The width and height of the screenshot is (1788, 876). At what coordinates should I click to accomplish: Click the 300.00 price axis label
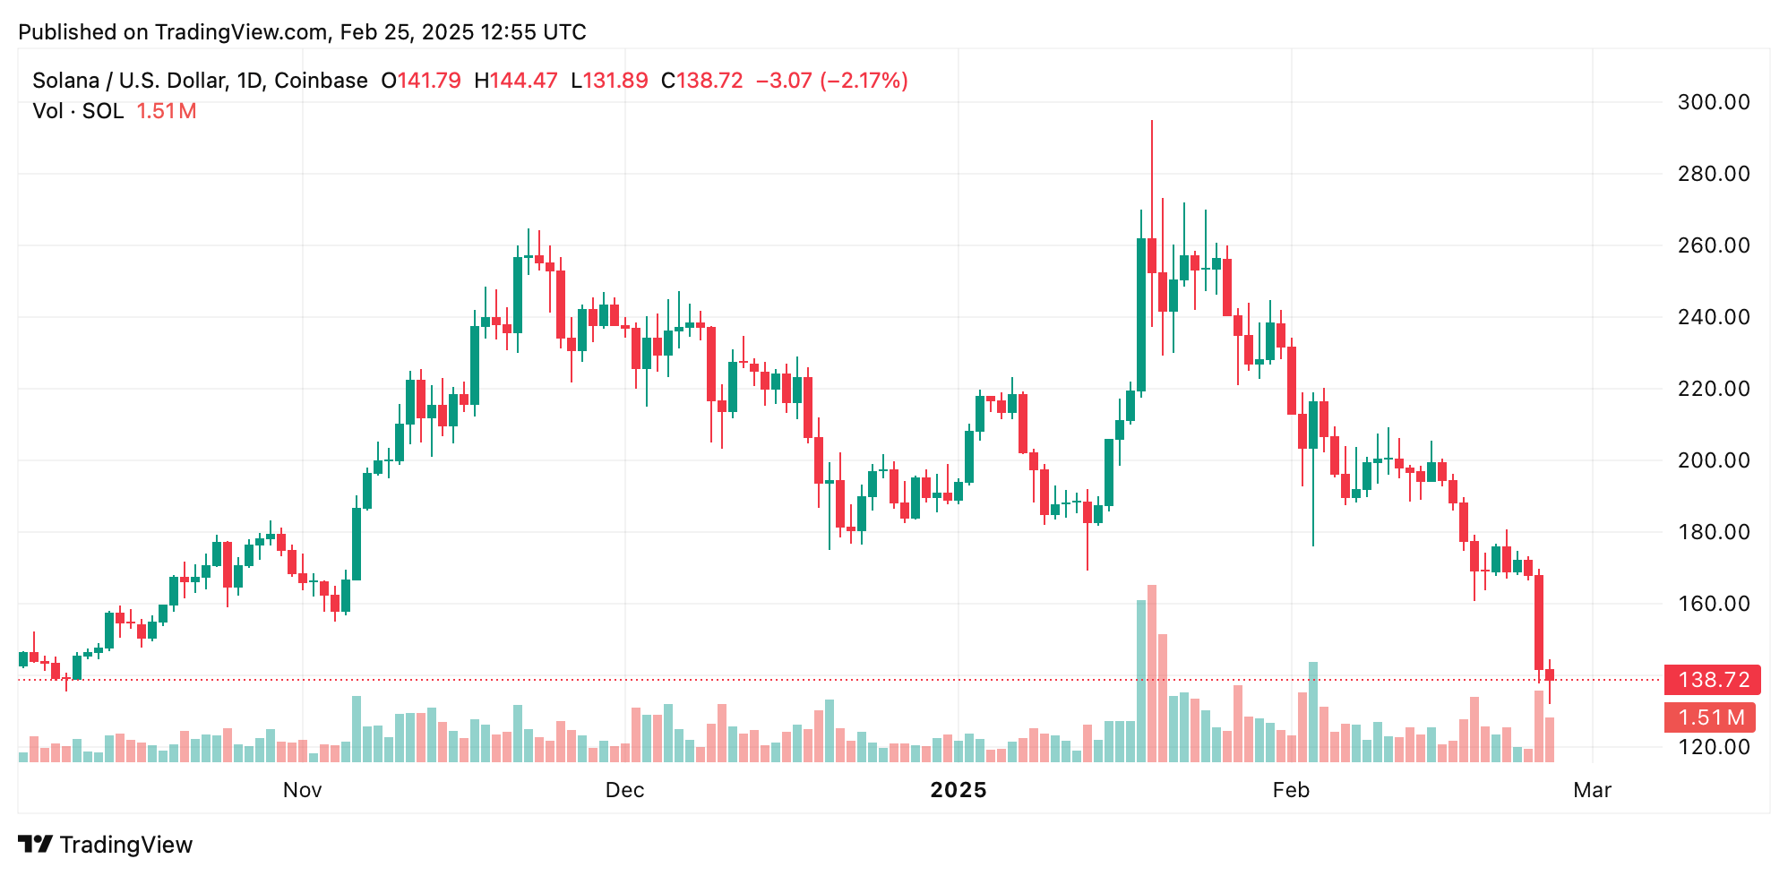point(1713,102)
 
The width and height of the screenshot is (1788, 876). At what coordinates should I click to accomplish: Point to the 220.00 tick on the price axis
point(1713,389)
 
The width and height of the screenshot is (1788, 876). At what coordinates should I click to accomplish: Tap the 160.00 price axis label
point(1713,604)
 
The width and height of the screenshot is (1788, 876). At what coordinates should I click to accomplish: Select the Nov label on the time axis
point(302,790)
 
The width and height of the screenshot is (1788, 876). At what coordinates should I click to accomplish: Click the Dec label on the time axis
point(624,790)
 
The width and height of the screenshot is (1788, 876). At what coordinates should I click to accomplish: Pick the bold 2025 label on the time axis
point(958,790)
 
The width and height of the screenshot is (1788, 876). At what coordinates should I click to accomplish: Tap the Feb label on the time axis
point(1291,790)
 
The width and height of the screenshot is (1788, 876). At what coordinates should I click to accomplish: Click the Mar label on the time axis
point(1592,790)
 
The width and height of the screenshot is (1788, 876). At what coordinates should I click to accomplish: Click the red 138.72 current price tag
point(1712,680)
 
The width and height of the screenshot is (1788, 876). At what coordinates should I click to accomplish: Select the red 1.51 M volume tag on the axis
point(1710,717)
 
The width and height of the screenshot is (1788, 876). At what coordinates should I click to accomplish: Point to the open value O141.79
point(421,81)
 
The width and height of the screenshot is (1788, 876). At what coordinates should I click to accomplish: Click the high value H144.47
point(516,81)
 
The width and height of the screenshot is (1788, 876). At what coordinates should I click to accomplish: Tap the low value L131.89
point(609,81)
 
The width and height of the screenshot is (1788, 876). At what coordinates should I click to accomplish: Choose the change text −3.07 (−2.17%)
point(832,81)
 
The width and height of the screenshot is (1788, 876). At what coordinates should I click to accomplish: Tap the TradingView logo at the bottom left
point(105,845)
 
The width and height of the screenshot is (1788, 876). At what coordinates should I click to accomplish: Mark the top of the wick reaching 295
point(1152,122)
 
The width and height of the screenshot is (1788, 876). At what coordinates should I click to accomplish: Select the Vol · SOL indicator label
point(78,111)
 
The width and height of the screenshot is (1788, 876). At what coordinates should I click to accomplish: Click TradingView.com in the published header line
point(241,32)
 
